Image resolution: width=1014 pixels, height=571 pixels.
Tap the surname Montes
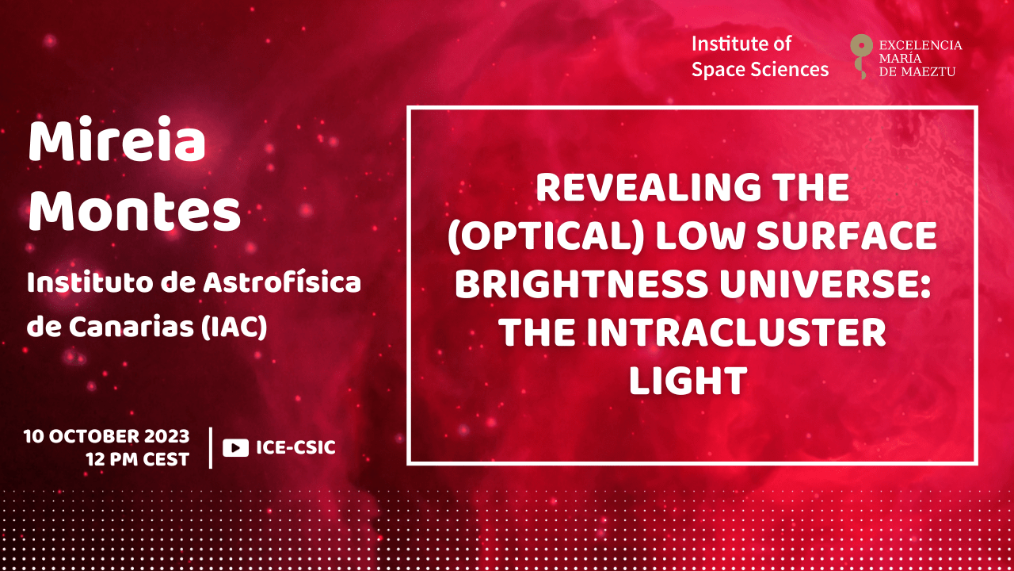[135, 211]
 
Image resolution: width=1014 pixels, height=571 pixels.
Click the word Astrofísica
[282, 283]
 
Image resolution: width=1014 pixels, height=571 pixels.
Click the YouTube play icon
[235, 448]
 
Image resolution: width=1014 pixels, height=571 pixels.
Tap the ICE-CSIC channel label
[296, 448]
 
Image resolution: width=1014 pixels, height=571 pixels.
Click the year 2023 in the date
[167, 436]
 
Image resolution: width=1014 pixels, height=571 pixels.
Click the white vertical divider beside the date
[211, 448]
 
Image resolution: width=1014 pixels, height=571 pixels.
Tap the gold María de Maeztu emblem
[861, 56]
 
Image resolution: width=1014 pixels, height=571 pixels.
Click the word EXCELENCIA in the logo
[921, 45]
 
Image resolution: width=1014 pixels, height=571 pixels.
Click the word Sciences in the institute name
[790, 69]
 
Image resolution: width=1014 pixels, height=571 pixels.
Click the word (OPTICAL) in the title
[546, 236]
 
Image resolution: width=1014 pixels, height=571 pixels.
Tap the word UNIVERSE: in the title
[825, 284]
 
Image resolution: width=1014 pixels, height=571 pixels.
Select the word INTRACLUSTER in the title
[737, 332]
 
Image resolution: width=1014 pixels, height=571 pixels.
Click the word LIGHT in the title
[688, 381]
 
